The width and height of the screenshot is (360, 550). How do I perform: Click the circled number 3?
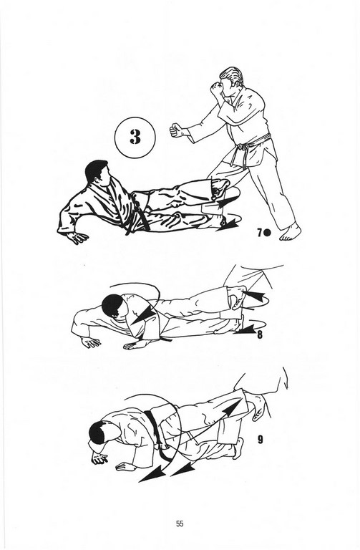[135, 137]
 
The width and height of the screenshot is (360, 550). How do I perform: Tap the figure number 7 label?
[259, 233]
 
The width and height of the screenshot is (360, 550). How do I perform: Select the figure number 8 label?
[259, 334]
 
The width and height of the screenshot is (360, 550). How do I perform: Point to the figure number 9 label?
[260, 440]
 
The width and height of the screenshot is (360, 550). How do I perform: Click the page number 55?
[180, 524]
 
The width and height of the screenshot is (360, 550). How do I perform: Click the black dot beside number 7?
[267, 233]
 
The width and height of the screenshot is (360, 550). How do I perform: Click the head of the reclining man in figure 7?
[98, 173]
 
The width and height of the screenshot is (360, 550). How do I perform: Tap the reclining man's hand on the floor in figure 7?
[77, 238]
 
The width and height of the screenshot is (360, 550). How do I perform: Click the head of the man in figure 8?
[114, 305]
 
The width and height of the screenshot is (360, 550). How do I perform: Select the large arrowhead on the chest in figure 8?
[143, 314]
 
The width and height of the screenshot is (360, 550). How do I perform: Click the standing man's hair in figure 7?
[230, 76]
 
